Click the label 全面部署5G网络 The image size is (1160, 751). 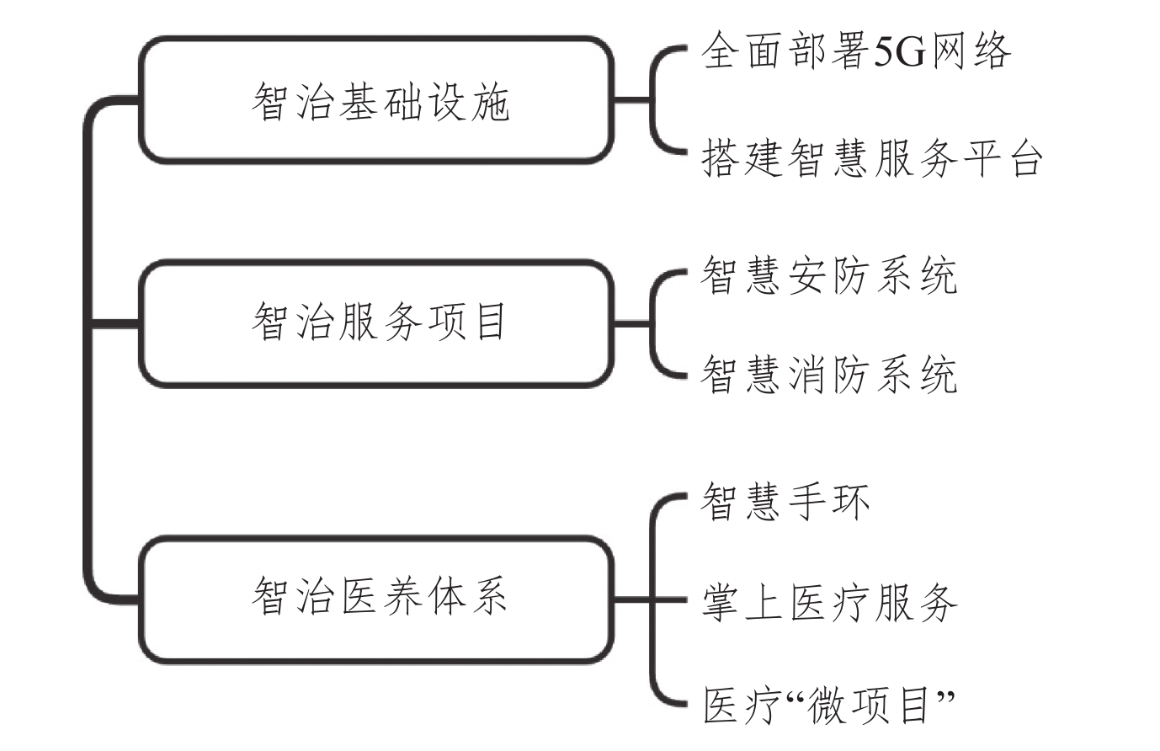pos(856,51)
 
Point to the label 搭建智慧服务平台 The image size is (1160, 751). pos(872,159)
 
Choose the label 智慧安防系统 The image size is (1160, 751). pos(829,277)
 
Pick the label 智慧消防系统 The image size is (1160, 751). pos(829,375)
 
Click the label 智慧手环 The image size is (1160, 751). pos(785,501)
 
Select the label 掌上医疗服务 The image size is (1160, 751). pos(829,603)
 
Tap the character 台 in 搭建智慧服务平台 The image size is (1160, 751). pos(1026,159)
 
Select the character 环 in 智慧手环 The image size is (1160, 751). pos(851,501)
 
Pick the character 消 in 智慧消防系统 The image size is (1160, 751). pos(807,375)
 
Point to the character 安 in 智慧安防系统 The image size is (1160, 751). pos(807,277)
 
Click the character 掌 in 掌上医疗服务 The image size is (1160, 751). pos(720,603)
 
